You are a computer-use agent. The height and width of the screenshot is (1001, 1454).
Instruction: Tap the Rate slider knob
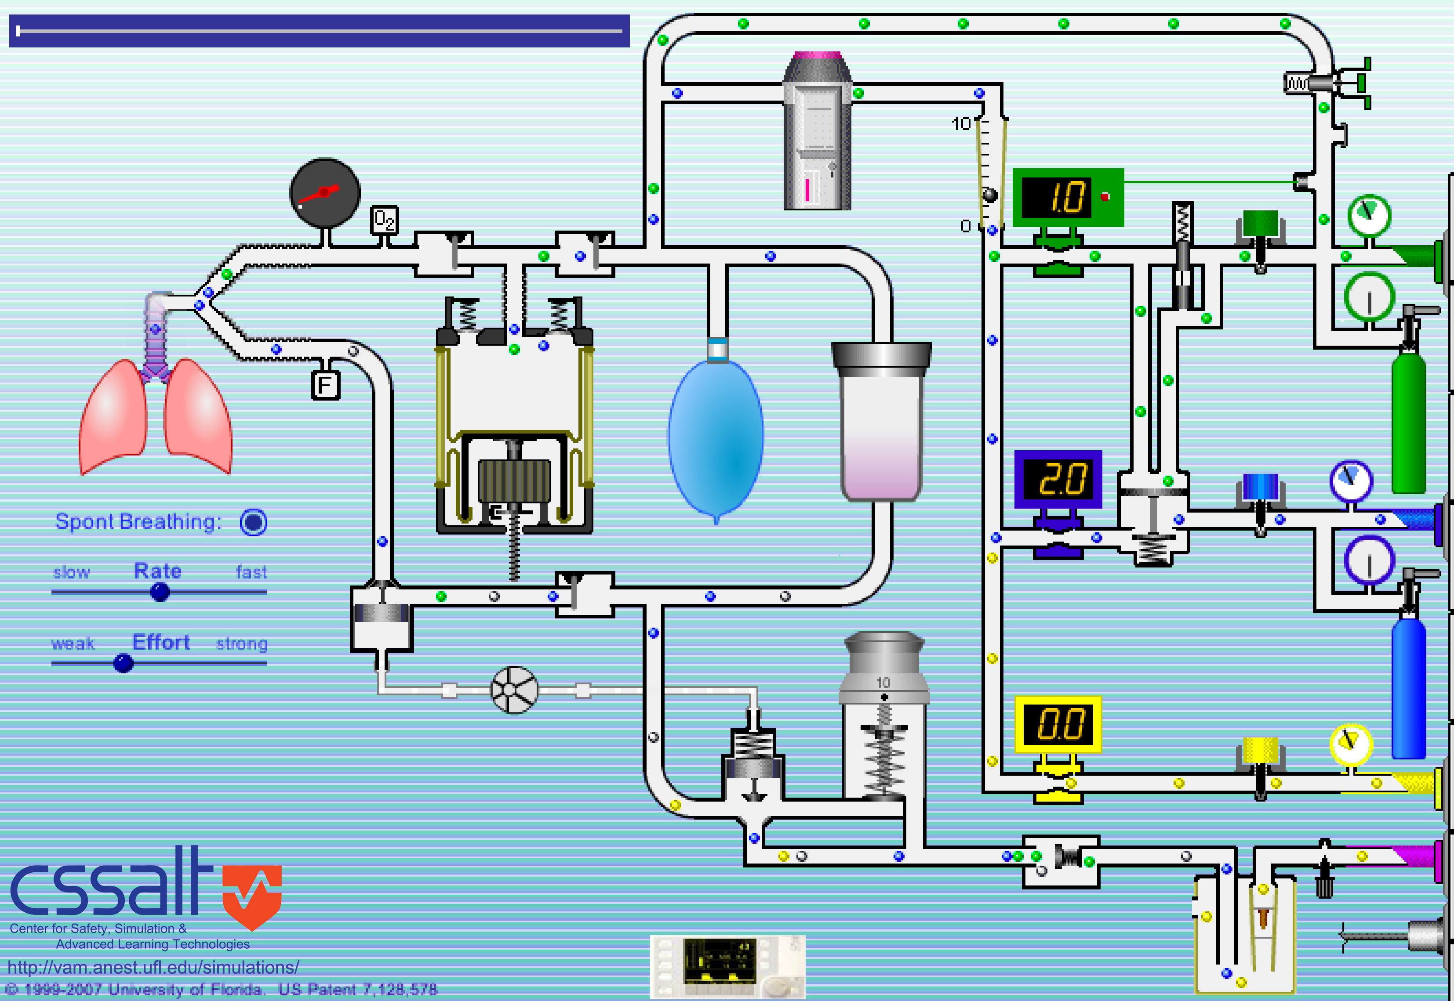point(160,592)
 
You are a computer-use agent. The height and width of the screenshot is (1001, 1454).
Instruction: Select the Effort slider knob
point(123,663)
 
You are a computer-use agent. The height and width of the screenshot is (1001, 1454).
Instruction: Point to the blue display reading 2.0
point(1058,479)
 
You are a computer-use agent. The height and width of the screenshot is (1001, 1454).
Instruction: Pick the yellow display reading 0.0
point(1058,724)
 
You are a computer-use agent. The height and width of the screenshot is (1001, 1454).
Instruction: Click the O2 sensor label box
point(384,220)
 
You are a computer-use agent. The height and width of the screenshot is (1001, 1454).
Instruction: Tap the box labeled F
point(326,385)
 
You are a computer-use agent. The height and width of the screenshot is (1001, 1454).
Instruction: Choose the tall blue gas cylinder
point(1408,687)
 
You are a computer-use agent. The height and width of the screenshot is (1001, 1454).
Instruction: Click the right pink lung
point(198,417)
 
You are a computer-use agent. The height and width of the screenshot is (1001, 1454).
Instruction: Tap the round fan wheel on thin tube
point(514,690)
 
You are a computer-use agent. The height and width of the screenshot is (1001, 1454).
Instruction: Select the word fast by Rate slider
point(251,572)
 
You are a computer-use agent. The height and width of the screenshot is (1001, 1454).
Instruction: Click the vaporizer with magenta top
point(817,132)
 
